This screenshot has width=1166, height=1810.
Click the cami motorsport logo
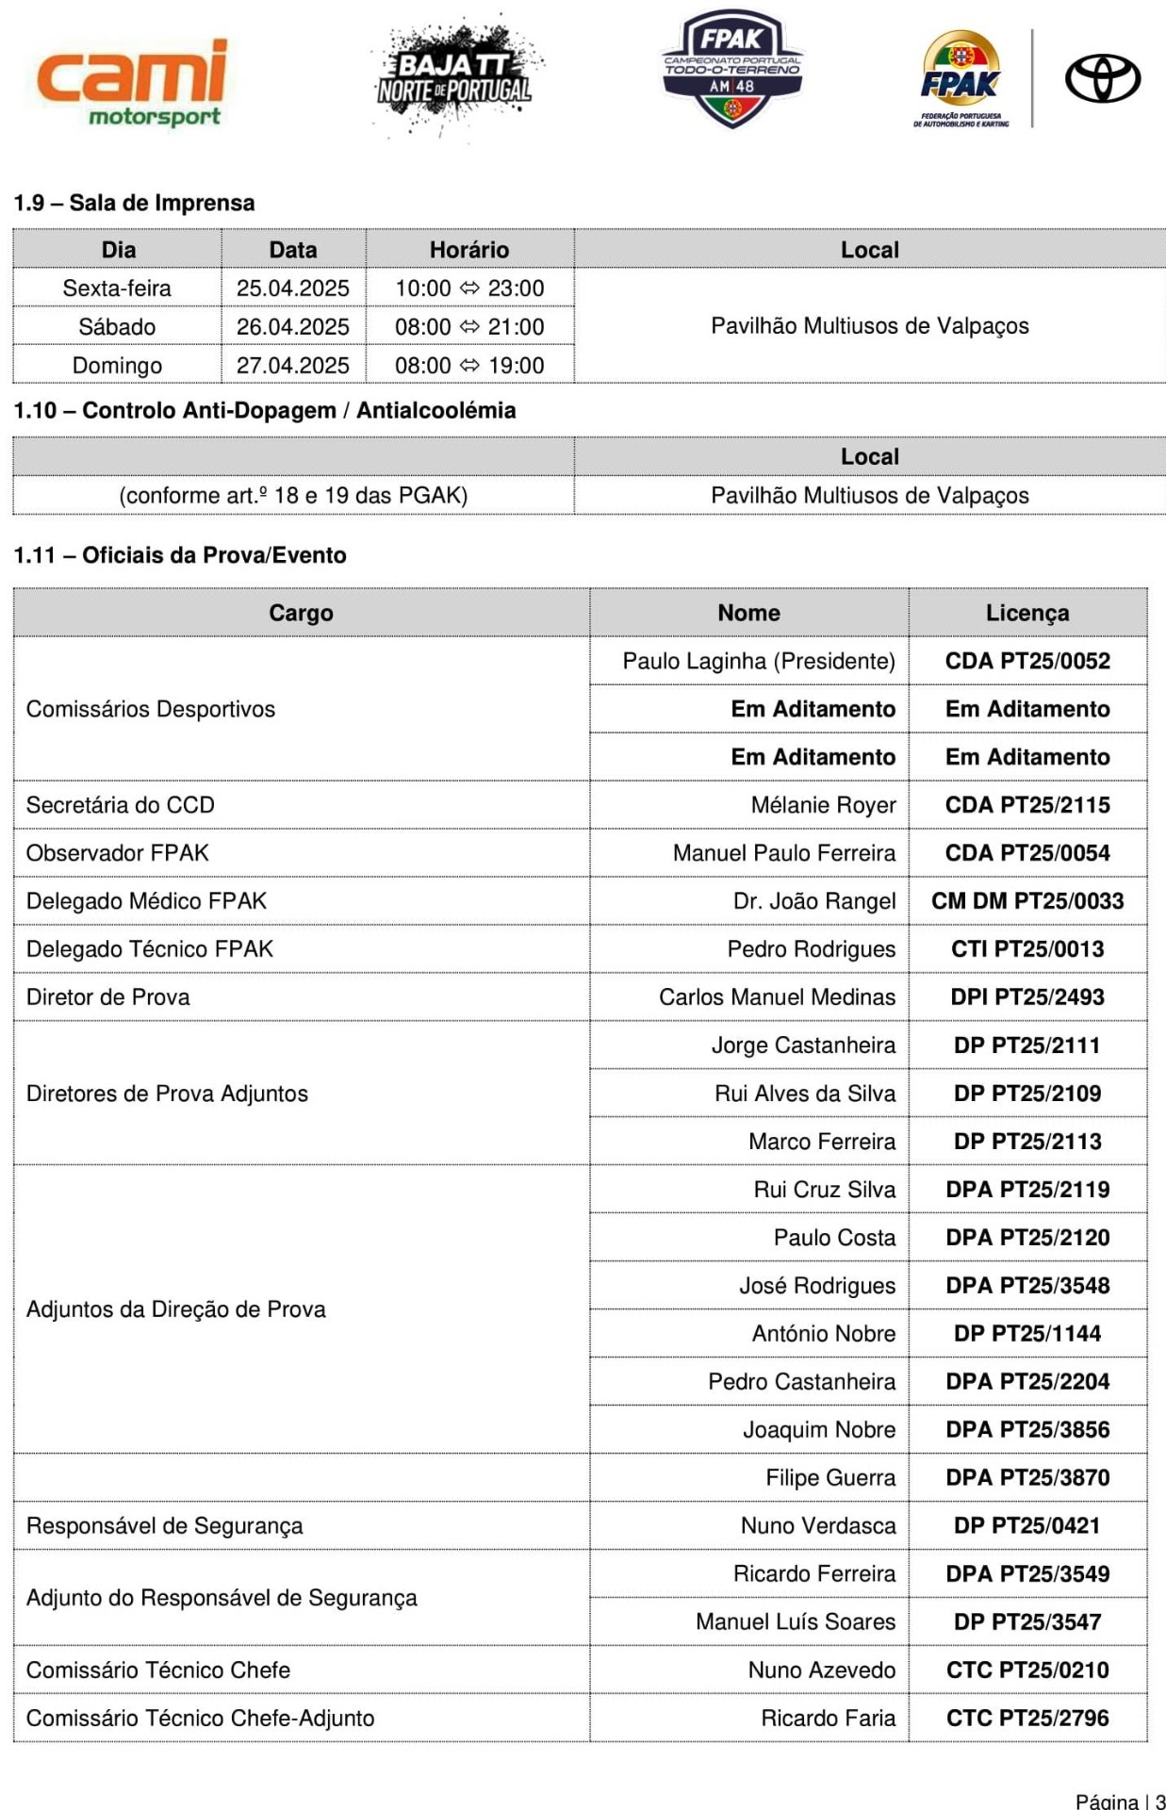(133, 82)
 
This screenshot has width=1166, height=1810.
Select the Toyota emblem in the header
(1102, 78)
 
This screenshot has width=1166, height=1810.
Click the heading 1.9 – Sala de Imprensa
(134, 203)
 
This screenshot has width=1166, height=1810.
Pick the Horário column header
(468, 250)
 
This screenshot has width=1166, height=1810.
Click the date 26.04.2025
(292, 327)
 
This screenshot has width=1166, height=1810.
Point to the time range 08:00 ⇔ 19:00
(468, 366)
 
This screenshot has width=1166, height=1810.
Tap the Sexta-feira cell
(117, 288)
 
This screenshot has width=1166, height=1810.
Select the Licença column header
(1026, 613)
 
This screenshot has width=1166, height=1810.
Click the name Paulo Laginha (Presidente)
(758, 661)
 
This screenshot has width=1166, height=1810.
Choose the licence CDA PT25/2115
(1026, 805)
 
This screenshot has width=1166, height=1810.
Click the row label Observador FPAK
(118, 853)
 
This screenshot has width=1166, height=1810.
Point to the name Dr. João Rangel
(813, 901)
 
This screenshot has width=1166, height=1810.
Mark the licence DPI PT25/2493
(1026, 997)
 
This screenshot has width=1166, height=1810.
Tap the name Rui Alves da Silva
(804, 1094)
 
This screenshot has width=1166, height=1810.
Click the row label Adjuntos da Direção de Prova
(176, 1309)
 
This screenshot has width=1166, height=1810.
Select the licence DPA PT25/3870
(1026, 1477)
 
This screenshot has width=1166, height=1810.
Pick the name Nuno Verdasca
(817, 1525)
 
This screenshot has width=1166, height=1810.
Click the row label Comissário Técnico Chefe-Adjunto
(200, 1718)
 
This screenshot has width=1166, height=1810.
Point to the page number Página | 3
(1120, 1801)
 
